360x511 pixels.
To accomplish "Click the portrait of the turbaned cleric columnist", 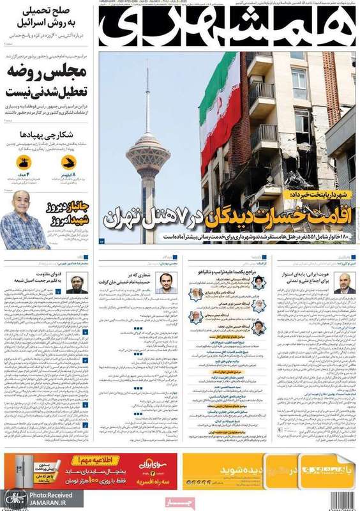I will click(77, 282).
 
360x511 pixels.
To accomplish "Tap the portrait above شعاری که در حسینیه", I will click(166, 281).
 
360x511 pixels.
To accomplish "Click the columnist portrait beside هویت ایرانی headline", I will click(344, 280).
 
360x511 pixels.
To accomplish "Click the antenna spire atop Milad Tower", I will click(147, 96).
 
